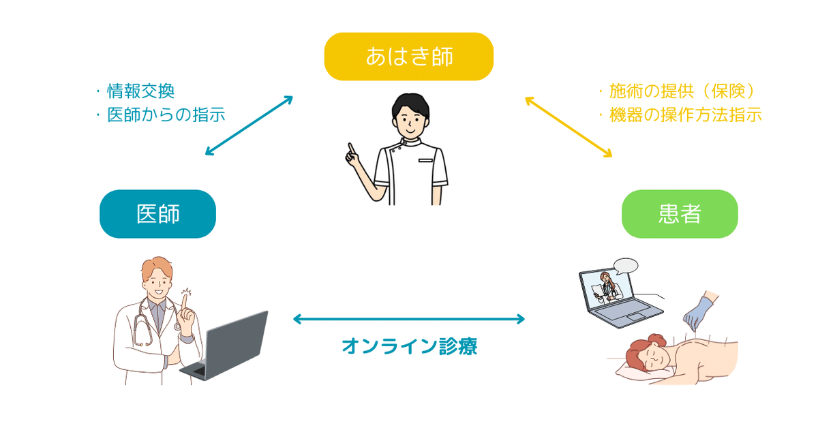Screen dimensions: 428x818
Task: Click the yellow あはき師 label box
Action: click(408, 57)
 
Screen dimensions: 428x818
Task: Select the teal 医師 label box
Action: click(157, 214)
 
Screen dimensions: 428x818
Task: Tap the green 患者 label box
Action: click(680, 214)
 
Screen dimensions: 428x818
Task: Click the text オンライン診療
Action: click(409, 346)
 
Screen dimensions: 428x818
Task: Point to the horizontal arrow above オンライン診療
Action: click(409, 318)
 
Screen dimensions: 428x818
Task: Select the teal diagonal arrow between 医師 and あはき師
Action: click(249, 125)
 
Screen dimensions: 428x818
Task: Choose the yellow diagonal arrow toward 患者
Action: click(568, 127)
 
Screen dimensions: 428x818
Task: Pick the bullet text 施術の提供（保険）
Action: click(682, 91)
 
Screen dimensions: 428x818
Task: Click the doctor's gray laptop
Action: click(232, 344)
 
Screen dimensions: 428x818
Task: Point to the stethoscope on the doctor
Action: click(145, 324)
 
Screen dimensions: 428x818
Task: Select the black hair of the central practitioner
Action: click(409, 104)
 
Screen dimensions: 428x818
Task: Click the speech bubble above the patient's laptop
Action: click(625, 265)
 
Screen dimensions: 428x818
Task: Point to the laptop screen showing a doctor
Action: click(605, 287)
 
